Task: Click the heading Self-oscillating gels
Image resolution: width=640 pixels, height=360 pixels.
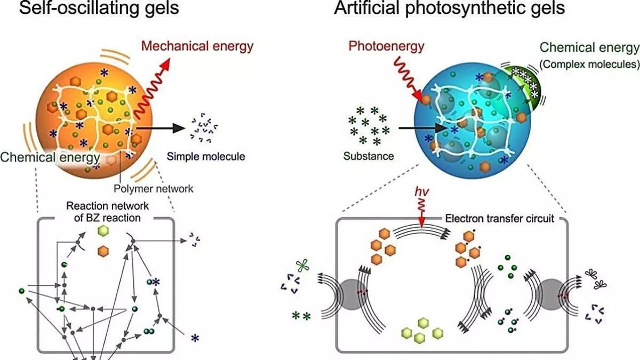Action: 99,8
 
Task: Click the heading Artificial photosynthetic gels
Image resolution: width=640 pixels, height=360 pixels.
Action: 450,8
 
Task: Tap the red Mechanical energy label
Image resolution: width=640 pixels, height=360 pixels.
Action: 197,46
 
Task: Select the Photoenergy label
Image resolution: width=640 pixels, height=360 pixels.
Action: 386,46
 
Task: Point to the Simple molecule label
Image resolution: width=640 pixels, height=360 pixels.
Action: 206,157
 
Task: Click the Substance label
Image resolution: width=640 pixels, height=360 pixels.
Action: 369,156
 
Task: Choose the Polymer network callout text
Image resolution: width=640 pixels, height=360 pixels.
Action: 154,189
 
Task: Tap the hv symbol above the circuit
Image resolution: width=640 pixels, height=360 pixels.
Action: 422,191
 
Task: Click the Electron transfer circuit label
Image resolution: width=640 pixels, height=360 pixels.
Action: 500,219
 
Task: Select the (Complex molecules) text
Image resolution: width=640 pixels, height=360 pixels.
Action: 589,64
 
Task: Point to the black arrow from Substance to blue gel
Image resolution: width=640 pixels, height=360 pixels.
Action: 422,129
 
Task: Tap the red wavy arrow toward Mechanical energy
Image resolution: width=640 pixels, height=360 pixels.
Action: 152,89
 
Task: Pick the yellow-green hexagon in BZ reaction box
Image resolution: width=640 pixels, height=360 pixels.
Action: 103,231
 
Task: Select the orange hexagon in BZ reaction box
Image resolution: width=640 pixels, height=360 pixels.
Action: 103,251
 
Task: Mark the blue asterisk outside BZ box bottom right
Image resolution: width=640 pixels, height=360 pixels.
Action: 195,339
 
